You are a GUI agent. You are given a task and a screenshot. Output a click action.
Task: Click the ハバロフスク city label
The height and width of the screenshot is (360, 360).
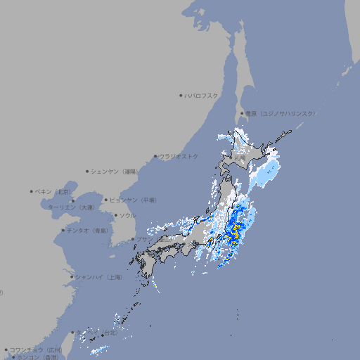[202, 95]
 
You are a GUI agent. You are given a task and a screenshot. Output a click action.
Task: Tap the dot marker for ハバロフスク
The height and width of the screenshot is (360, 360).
[181, 95]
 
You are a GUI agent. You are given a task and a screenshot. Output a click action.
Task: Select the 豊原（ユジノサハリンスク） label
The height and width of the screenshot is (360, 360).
[281, 113]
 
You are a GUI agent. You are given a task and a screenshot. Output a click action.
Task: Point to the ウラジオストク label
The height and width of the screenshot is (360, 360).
[179, 156]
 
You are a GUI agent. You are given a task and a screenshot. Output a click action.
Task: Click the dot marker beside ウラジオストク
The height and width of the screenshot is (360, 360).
[155, 156]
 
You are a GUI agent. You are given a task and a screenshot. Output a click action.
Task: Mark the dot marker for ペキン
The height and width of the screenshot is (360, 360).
[32, 191]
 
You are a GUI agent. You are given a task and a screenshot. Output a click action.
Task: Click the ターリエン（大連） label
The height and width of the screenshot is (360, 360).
[71, 207]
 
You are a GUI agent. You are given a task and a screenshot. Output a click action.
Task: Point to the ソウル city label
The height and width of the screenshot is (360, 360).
[127, 215]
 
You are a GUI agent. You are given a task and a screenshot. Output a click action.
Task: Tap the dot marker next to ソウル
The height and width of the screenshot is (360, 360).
[115, 215]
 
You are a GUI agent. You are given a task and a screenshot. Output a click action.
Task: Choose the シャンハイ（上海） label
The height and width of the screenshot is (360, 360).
[98, 277]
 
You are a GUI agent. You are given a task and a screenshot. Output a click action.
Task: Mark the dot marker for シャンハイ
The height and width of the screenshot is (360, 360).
[72, 277]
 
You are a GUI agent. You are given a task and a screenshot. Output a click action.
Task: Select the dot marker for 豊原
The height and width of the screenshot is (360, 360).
[241, 113]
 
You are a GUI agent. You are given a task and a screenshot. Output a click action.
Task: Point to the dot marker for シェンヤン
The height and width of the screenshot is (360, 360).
[87, 171]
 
